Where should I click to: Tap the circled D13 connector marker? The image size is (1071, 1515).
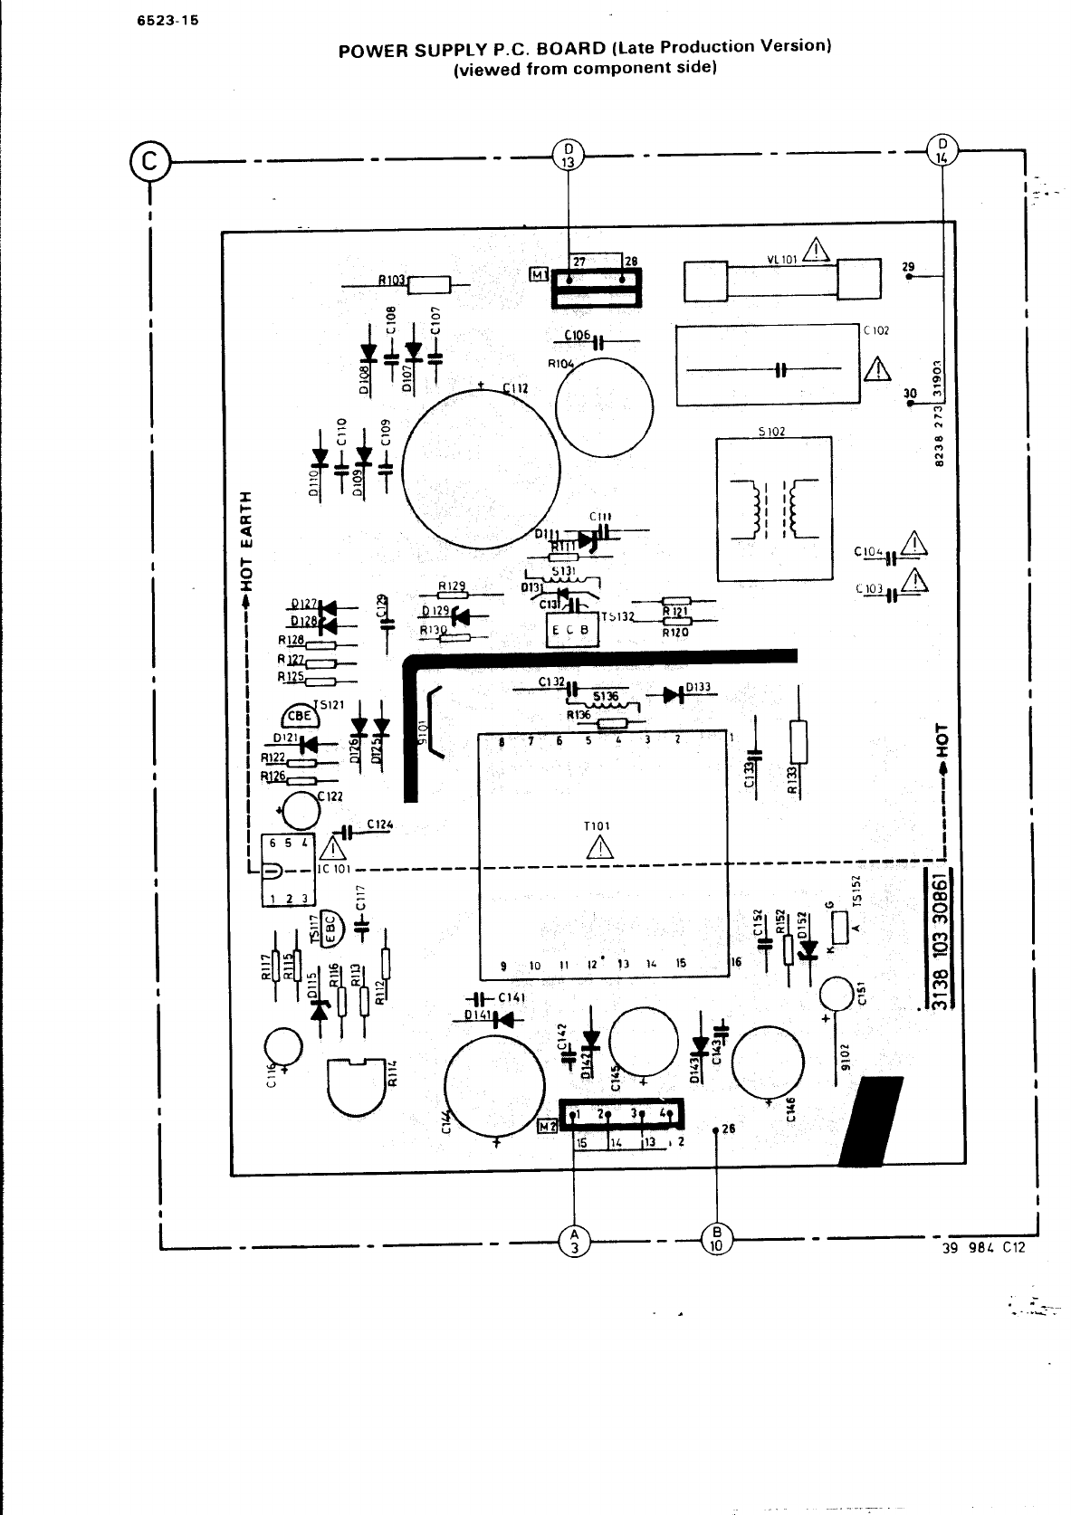568,155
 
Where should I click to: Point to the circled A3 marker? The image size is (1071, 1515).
573,1240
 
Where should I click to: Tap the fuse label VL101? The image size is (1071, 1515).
781,259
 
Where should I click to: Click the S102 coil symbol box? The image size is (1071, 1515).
773,508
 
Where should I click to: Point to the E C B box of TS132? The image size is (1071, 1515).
572,631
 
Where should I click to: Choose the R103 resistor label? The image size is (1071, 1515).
393,281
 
